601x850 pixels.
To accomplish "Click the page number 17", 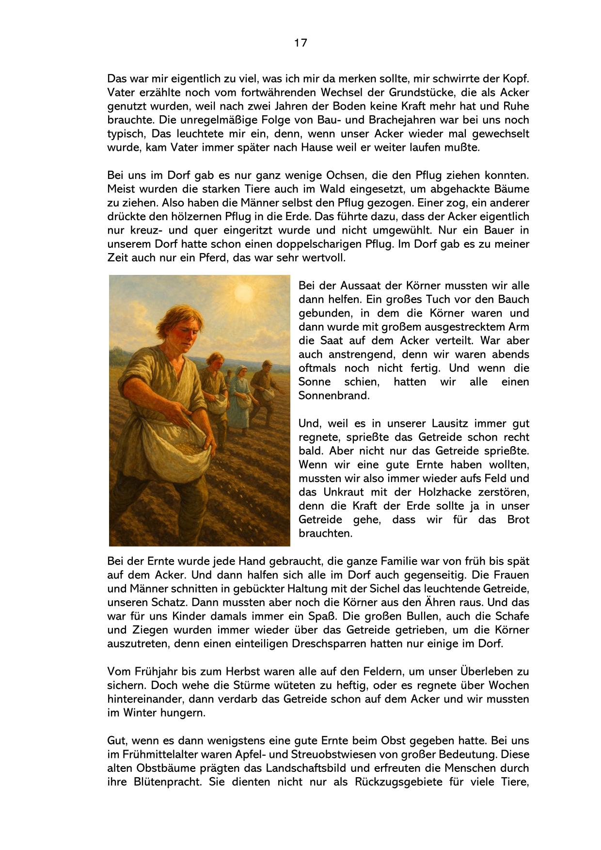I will click(x=300, y=43).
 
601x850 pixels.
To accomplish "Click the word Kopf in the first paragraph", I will click(x=517, y=79).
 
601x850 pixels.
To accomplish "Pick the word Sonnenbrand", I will click(x=334, y=395).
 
